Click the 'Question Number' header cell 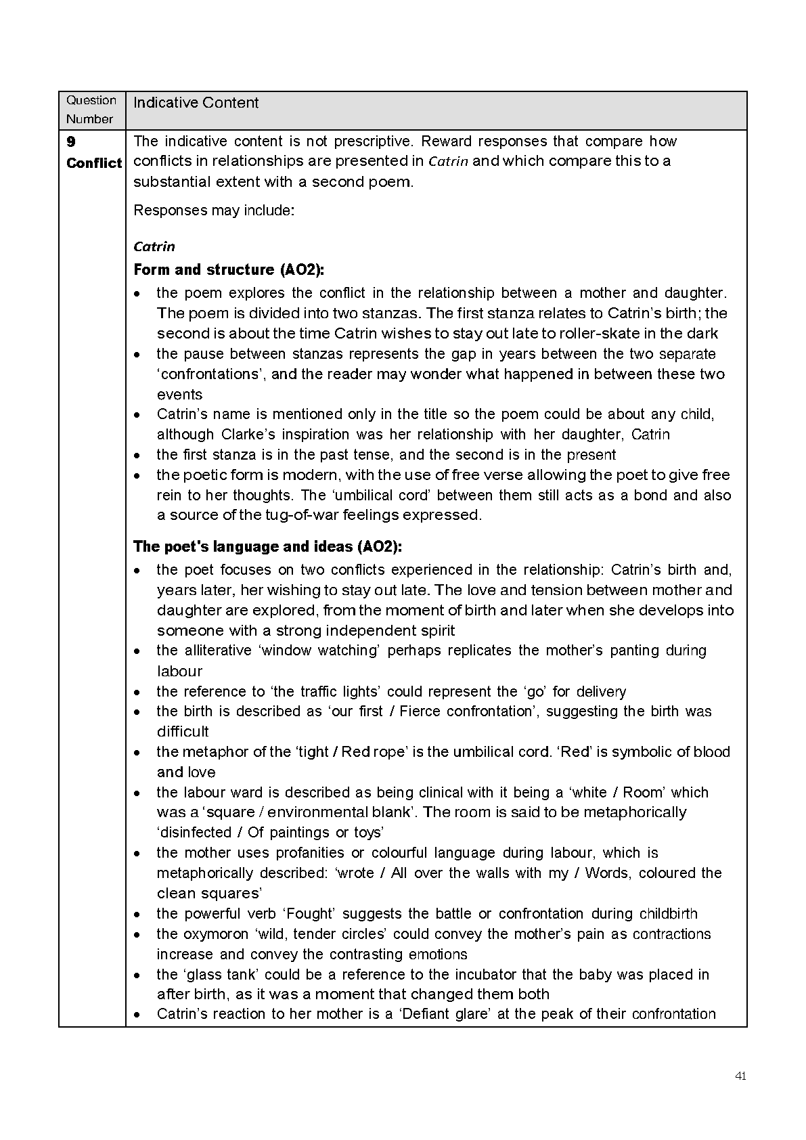[91, 110]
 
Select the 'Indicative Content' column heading [196, 103]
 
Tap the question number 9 [71, 141]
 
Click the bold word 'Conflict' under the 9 [93, 163]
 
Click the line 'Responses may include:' [214, 210]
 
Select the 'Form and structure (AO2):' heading [229, 269]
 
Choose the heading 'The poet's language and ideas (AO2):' [267, 546]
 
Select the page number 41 [740, 1076]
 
